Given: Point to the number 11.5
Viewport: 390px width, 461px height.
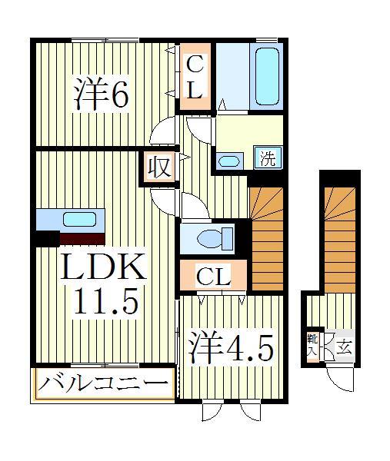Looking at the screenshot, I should click(x=106, y=302).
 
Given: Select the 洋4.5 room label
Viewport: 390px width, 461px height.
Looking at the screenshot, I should click(x=230, y=347).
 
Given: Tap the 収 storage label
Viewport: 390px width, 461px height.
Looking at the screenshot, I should click(x=158, y=167).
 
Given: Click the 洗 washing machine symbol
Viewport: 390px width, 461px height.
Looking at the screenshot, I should click(x=265, y=159).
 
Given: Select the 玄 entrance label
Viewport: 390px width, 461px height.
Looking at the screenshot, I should click(x=344, y=347).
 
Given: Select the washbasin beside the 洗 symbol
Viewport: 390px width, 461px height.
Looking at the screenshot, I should click(x=229, y=161).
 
